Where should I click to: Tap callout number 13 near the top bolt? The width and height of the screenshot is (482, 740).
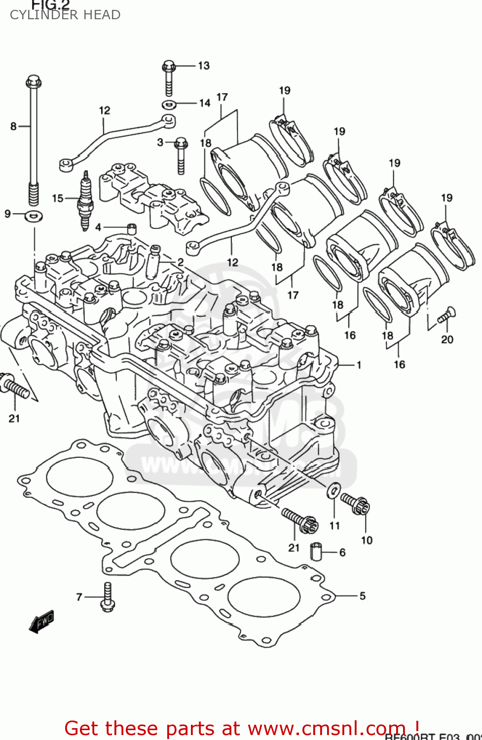point(204,66)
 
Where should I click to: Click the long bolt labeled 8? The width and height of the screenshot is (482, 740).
point(34,143)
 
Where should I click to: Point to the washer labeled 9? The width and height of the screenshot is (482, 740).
point(34,215)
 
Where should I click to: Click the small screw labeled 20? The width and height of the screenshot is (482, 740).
point(448,314)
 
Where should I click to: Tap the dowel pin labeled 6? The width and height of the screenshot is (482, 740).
point(316,552)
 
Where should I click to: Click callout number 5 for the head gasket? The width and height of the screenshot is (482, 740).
point(362,596)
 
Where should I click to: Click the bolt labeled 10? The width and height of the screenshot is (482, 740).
point(355,503)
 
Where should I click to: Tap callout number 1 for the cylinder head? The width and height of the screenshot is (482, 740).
point(359,365)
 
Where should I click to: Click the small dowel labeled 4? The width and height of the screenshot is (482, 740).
point(132,228)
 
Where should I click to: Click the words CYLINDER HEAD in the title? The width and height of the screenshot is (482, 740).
point(65,15)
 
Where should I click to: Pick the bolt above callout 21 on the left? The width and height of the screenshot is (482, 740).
point(15,386)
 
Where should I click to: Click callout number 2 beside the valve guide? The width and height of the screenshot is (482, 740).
point(181,262)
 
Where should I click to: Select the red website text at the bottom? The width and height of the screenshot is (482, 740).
point(242,728)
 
